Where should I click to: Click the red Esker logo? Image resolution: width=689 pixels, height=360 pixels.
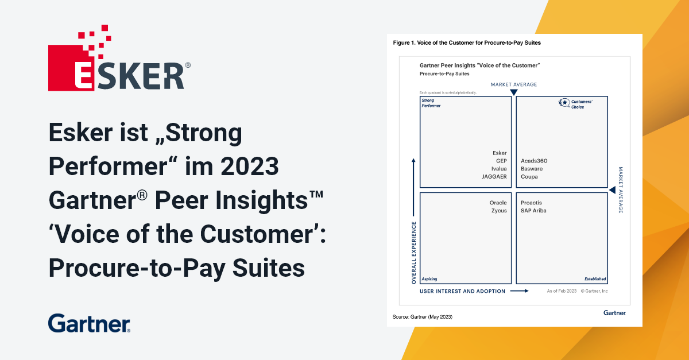119,58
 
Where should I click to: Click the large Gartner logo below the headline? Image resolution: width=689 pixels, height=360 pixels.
89,323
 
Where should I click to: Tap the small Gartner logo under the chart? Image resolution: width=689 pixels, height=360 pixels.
614,313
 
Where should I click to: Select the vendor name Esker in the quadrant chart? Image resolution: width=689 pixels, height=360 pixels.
500,153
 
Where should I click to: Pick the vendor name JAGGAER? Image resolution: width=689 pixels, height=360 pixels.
494,177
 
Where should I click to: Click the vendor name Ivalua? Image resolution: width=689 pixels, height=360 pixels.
499,169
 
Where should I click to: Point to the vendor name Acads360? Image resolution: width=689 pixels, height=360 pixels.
534,161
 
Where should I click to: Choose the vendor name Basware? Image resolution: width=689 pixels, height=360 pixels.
532,169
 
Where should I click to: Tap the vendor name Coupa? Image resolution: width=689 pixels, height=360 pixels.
529,177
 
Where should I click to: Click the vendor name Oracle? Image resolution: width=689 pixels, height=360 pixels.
498,203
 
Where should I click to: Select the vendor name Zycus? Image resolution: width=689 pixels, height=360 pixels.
499,211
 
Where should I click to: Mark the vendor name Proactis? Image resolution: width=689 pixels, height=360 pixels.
531,203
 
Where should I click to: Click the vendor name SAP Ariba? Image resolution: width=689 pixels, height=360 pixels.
533,211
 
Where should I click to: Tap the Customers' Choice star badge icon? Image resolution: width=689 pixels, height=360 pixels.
564,103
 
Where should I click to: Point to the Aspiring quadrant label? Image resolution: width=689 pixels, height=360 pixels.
429,279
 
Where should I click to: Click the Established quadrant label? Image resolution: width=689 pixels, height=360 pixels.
595,279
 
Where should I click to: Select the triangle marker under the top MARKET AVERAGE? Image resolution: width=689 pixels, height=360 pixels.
514,92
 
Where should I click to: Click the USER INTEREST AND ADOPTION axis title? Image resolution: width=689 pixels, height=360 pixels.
462,291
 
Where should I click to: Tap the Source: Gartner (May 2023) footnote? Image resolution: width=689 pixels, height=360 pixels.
423,317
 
